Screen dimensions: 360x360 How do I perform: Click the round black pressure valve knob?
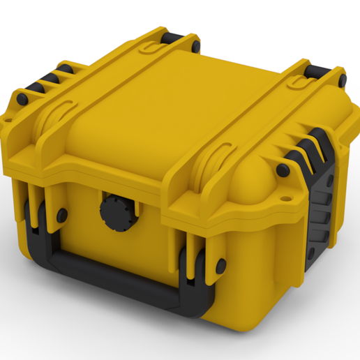(x=114, y=211)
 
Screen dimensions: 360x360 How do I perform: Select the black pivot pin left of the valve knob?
(x=62, y=216)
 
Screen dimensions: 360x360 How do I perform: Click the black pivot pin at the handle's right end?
(x=220, y=265)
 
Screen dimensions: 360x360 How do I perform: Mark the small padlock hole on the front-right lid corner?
(x=285, y=197)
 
